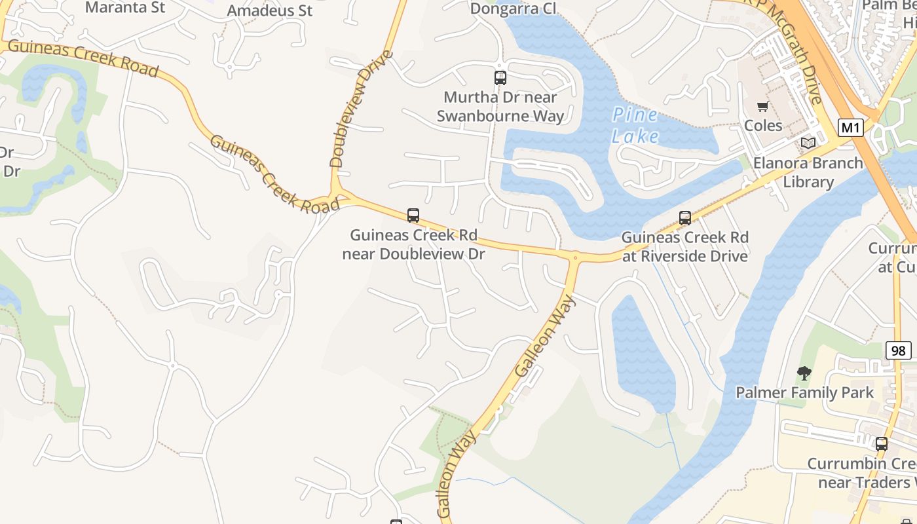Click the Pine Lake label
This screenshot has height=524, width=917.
[635, 125]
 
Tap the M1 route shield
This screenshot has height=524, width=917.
[850, 128]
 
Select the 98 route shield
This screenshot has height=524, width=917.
[898, 350]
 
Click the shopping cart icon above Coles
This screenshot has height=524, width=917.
[762, 107]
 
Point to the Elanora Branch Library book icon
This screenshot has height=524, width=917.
[808, 143]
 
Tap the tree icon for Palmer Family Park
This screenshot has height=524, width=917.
[804, 373]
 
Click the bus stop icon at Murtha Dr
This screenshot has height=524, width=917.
[500, 78]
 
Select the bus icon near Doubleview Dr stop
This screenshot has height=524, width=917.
[413, 215]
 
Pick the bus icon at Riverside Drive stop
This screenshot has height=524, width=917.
[685, 217]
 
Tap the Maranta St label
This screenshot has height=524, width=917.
[125, 8]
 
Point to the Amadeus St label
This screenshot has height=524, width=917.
[270, 10]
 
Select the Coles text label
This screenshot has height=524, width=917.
[763, 125]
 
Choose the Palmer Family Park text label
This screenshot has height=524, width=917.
[804, 393]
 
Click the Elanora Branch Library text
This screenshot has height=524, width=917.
[808, 172]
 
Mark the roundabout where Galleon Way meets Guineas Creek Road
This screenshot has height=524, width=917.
[575, 257]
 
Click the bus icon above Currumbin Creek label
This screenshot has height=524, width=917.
[882, 443]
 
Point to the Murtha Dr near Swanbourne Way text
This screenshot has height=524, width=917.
[500, 107]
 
